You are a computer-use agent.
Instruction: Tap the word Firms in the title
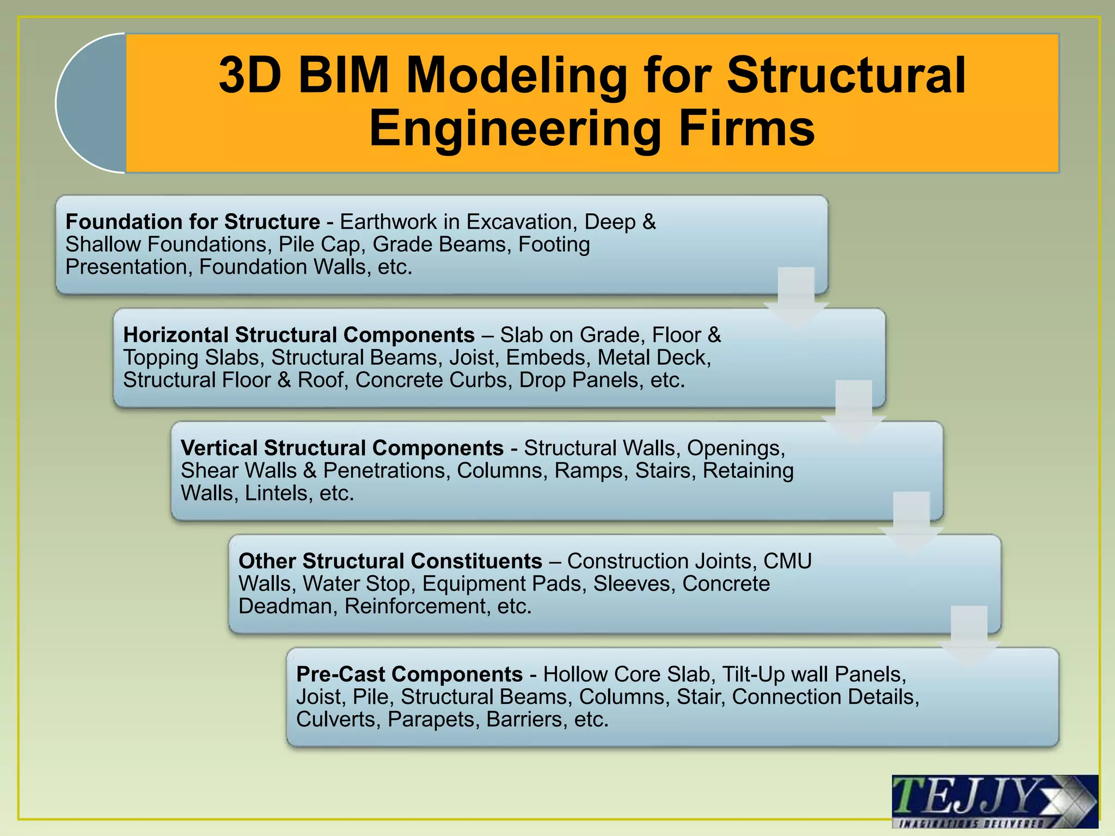tap(746, 129)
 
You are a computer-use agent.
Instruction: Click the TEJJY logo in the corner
tap(994, 801)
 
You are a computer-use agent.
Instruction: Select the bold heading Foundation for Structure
tap(193, 222)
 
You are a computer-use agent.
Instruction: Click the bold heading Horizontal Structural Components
tap(299, 335)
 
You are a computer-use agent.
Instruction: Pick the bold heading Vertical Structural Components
tap(342, 448)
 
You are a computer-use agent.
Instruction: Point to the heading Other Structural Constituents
tap(390, 561)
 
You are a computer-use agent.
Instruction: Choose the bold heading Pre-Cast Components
tap(409, 674)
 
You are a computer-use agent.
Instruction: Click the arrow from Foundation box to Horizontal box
tap(796, 297)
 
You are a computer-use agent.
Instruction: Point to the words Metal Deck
tap(654, 358)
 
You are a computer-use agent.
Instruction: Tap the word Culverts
tap(338, 720)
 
